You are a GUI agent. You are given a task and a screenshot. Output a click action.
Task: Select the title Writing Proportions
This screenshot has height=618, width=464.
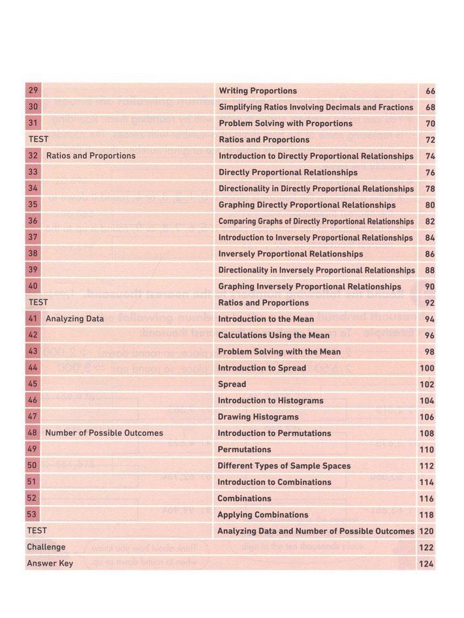(x=258, y=91)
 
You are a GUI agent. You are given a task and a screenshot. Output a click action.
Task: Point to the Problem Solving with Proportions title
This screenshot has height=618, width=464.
(x=285, y=123)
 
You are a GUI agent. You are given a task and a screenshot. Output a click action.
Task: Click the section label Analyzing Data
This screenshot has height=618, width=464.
(x=74, y=319)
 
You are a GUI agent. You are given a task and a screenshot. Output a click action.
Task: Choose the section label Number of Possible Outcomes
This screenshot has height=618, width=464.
(x=104, y=433)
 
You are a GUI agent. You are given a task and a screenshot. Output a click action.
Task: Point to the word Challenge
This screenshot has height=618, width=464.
(x=46, y=547)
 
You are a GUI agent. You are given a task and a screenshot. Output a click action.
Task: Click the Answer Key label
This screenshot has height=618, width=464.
(x=50, y=563)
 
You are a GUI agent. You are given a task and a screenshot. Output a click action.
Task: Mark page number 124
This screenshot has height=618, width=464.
(x=427, y=563)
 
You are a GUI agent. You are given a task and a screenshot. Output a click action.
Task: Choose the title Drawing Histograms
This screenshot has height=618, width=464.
(x=258, y=417)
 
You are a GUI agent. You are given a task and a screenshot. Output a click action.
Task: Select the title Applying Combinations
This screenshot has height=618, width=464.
(x=262, y=515)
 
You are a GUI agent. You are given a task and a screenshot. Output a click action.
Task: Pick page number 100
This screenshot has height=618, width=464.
(x=427, y=368)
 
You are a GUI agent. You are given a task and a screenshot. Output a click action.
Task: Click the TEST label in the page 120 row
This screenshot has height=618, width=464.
(x=37, y=531)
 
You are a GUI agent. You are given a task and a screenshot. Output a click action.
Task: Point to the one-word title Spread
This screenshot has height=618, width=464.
(x=232, y=384)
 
